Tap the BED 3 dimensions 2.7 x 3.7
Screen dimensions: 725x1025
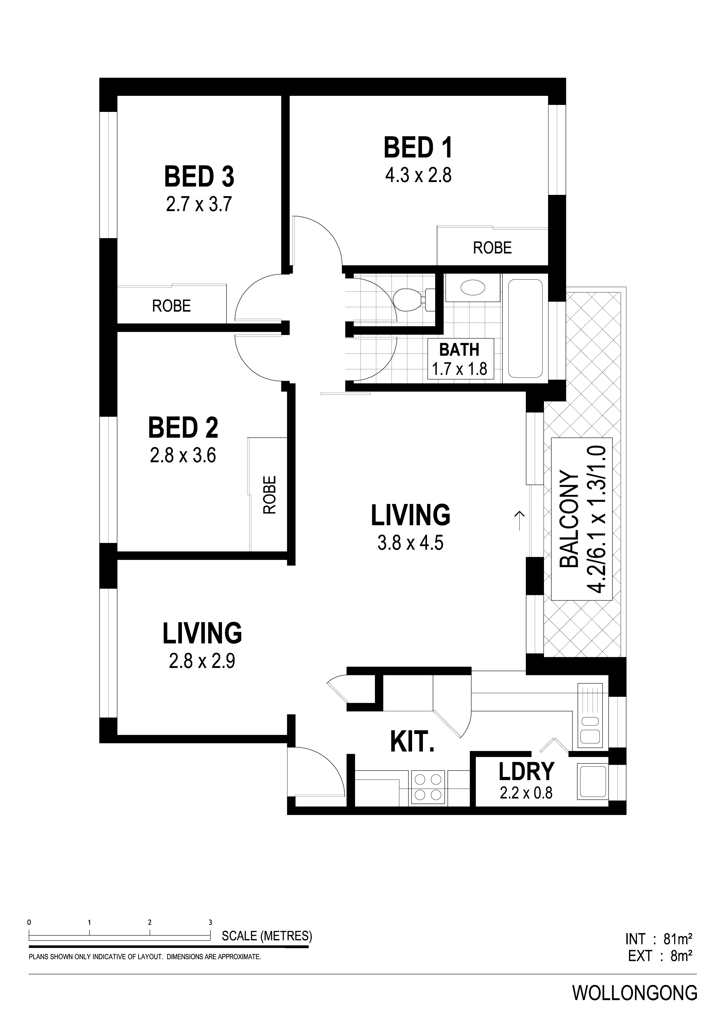[199, 205]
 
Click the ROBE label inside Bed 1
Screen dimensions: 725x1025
[492, 248]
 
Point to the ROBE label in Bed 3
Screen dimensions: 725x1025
[172, 306]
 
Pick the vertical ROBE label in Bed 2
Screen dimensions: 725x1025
[270, 495]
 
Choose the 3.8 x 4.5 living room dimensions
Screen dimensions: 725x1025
[411, 543]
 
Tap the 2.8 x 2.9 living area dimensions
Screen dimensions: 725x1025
[202, 661]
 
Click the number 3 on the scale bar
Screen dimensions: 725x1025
[210, 922]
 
